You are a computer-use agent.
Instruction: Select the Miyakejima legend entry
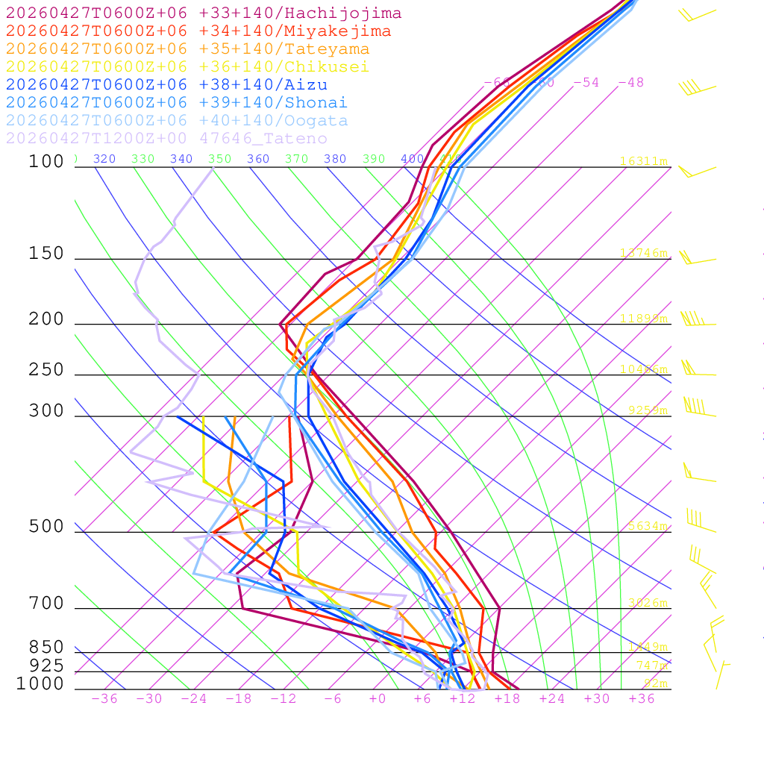click(198, 31)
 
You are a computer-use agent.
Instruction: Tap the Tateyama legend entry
click(187, 49)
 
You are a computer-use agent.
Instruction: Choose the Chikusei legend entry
click(187, 67)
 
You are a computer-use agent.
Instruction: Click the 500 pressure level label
click(46, 527)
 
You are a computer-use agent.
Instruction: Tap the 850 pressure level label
click(46, 647)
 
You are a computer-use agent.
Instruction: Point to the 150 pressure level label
click(46, 254)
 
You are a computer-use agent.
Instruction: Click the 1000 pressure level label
click(40, 683)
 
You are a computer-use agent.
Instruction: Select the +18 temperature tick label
click(507, 698)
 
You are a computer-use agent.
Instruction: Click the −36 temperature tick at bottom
click(104, 698)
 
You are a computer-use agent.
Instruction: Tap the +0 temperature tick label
click(378, 698)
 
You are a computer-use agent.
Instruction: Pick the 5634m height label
click(648, 526)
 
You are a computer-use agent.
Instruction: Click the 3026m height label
click(648, 603)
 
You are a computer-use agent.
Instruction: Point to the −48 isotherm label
click(630, 82)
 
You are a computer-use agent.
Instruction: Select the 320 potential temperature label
click(104, 159)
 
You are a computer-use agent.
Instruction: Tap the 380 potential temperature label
click(335, 159)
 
